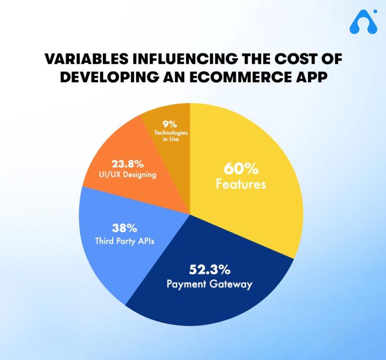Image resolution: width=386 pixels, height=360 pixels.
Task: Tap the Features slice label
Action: coord(241,184)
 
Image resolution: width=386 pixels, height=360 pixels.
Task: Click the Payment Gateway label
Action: coord(210,284)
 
